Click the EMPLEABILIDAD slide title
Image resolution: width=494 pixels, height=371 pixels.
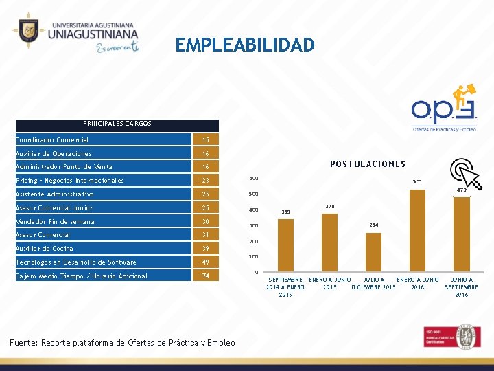pos(245,45)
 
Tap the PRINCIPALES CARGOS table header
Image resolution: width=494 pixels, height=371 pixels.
pos(117,124)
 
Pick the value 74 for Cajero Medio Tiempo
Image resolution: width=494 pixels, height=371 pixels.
pos(205,276)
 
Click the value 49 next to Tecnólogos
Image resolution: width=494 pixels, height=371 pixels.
pos(205,262)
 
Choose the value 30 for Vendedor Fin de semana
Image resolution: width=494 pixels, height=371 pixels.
pos(205,222)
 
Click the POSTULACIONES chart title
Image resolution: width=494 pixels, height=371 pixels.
pos(368,164)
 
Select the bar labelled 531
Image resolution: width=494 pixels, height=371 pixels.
pos(417,231)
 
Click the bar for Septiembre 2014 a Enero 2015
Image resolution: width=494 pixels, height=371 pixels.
pos(286,245)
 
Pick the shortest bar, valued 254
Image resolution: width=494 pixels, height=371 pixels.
pos(373,252)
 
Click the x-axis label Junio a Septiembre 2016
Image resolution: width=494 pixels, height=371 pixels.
pos(461,287)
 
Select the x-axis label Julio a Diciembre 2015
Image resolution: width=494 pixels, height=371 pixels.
pos(373,283)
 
